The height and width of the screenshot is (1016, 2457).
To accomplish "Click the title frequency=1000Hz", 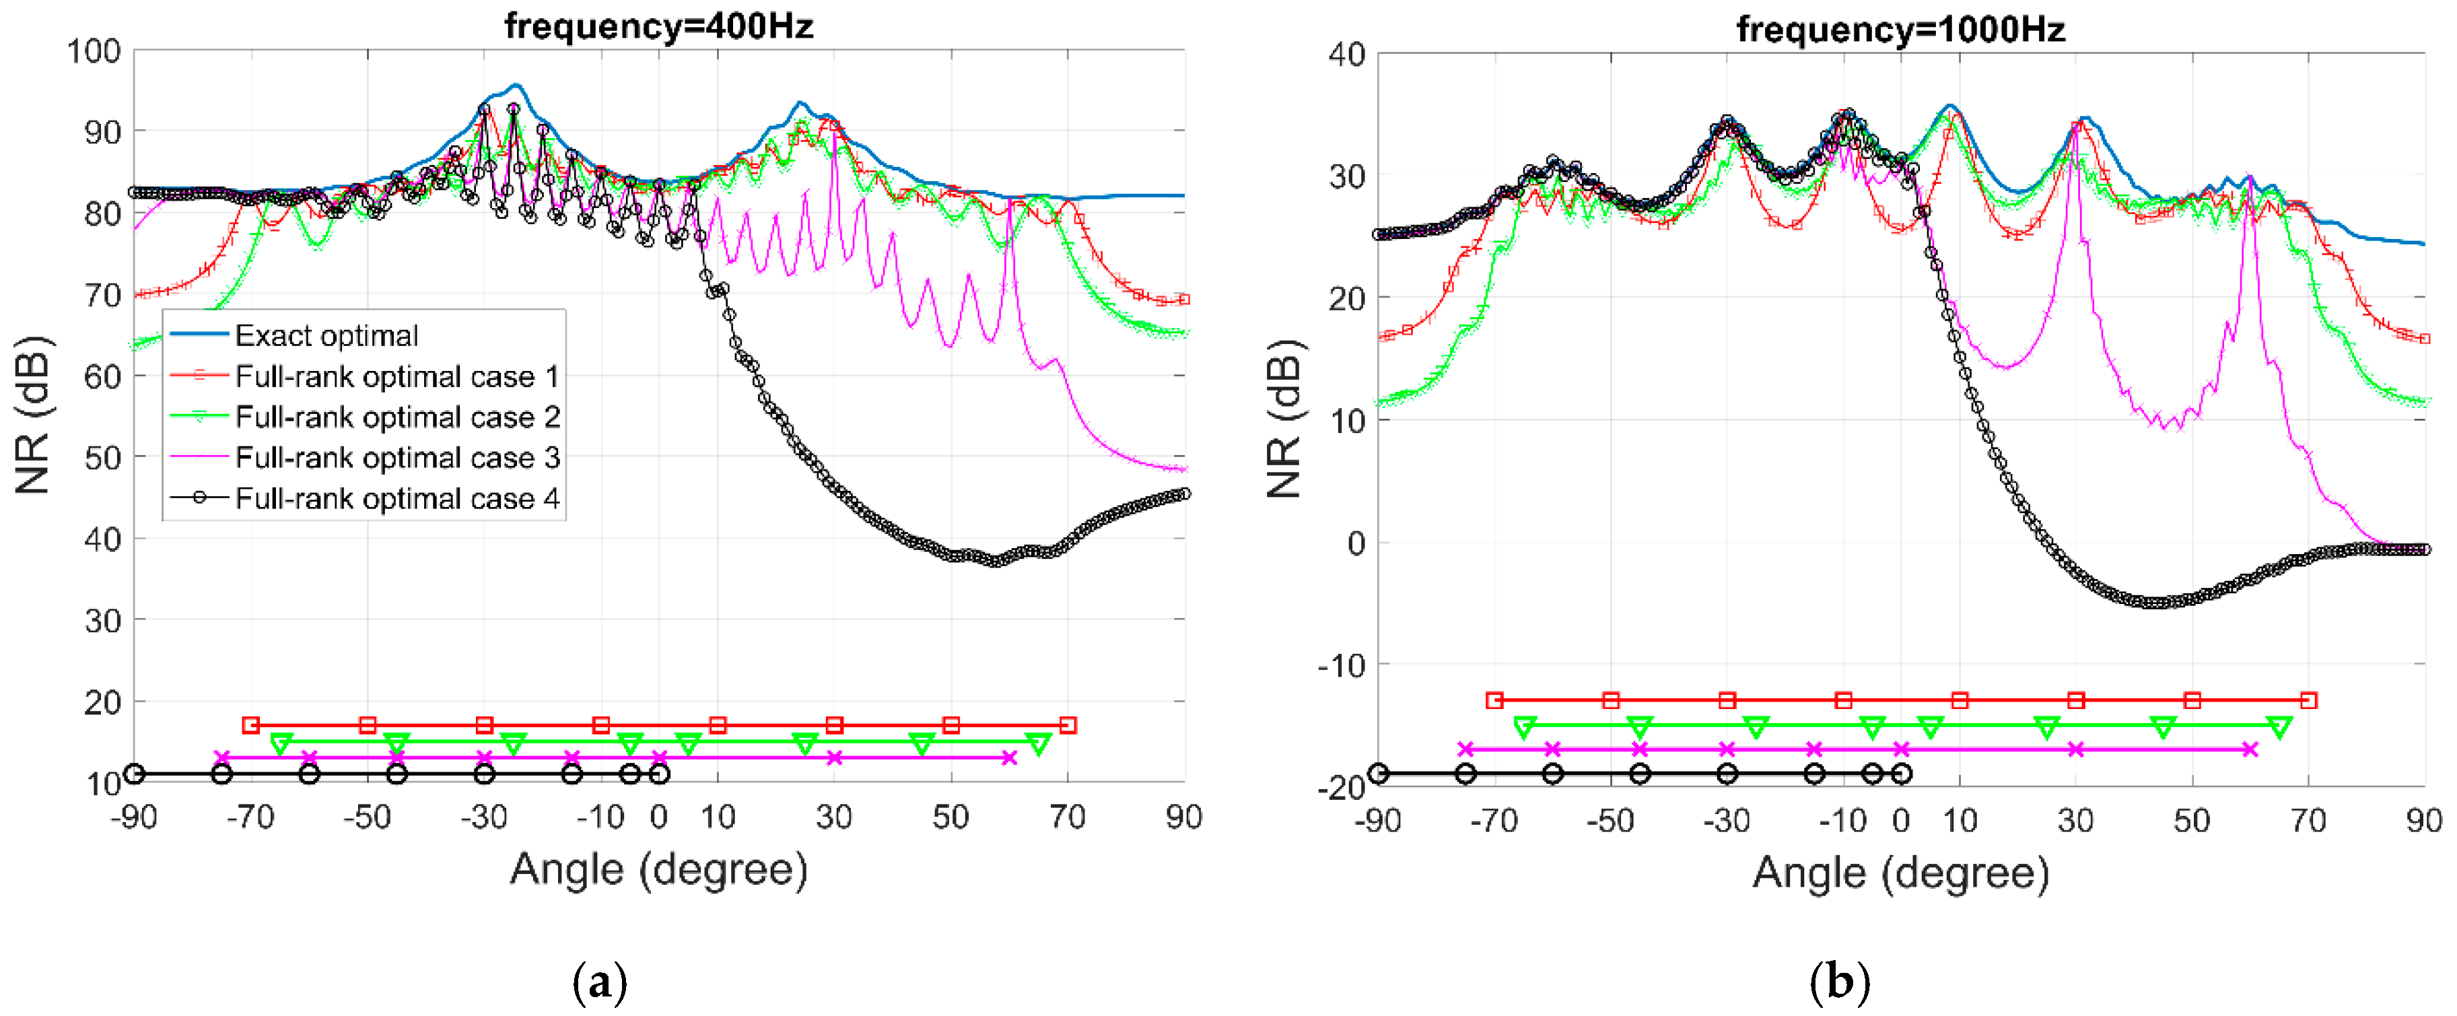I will point(1900,30).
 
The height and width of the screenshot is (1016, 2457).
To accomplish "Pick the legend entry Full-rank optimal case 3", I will point(396,457).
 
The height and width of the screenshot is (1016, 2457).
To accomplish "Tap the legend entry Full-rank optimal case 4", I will point(396,498).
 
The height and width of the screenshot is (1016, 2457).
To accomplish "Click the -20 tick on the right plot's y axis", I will point(1341,787).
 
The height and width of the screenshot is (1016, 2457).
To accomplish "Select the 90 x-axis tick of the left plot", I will point(1183,817).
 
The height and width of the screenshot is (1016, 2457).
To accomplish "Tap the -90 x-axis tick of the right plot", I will point(1377,821).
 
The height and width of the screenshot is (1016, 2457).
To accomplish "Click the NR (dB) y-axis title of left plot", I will point(34,415).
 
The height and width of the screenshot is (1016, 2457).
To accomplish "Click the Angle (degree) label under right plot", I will point(1900,872).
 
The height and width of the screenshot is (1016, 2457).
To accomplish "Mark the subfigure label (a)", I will point(600,982).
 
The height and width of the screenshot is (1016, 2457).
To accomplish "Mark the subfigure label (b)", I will point(1839,982).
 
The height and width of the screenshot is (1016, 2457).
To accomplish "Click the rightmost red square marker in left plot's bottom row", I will point(1068,725).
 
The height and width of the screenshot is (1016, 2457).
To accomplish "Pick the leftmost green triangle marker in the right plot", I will point(1524,727).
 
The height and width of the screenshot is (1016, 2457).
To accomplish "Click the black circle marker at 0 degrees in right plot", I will point(1901,774).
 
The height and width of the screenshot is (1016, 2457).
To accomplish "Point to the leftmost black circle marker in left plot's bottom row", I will point(135,774).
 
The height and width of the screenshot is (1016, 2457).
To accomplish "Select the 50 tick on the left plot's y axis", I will point(102,458).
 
